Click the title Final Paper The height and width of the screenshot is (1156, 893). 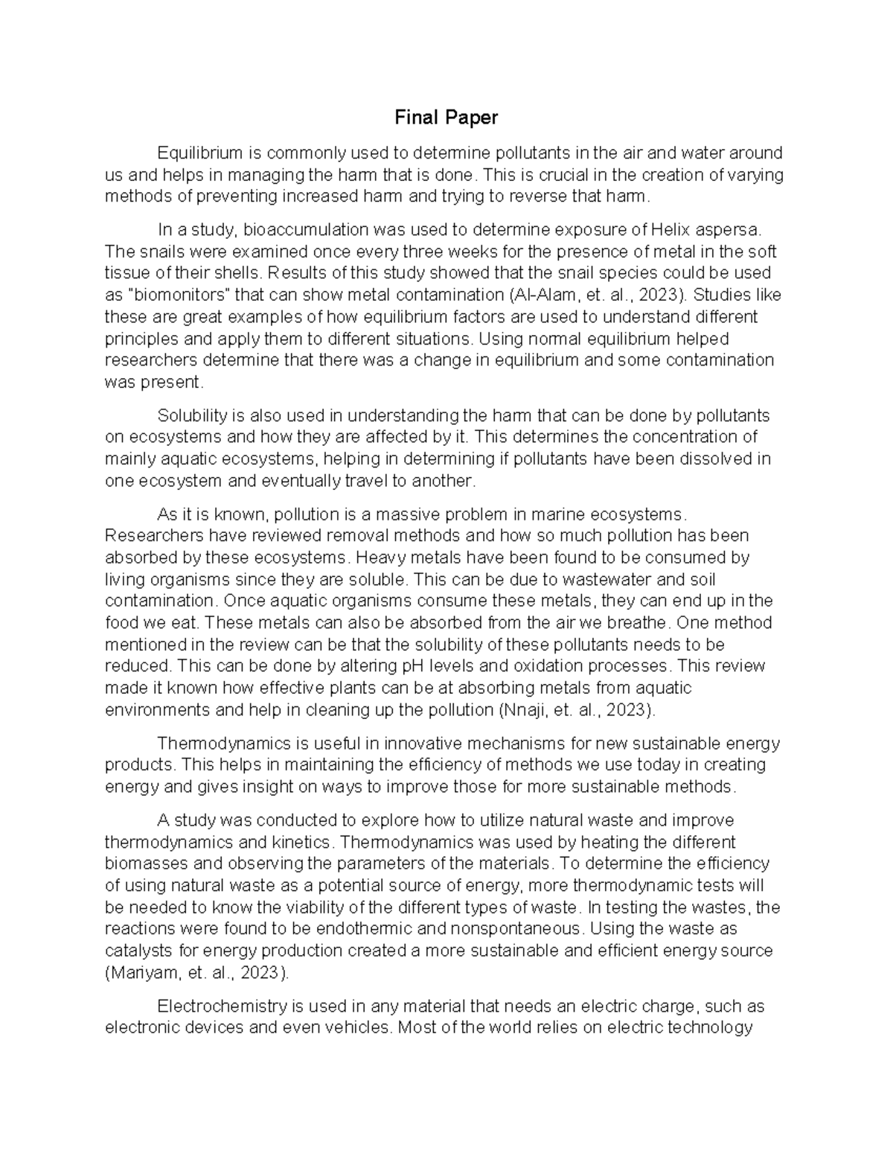click(446, 117)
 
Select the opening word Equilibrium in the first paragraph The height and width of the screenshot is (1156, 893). click(200, 153)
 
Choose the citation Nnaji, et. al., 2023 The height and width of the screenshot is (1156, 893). click(575, 709)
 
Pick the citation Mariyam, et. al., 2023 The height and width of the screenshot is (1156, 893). click(195, 973)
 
